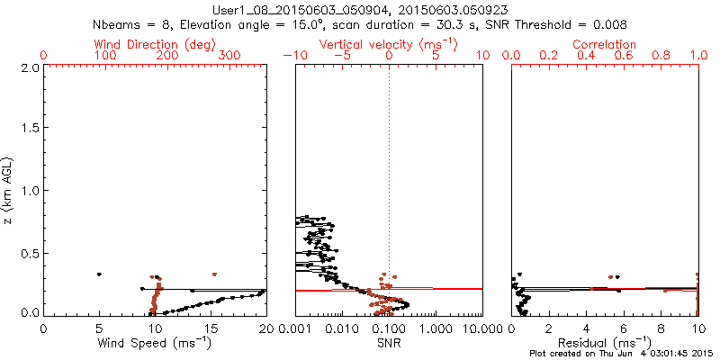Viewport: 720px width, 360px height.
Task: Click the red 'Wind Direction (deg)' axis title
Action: [154, 44]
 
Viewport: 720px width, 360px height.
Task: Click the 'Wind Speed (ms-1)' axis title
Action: [154, 342]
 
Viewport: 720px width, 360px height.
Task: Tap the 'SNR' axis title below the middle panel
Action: [389, 342]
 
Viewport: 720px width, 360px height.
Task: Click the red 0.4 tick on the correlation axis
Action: [586, 55]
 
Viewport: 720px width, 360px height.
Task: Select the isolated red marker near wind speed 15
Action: [214, 274]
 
